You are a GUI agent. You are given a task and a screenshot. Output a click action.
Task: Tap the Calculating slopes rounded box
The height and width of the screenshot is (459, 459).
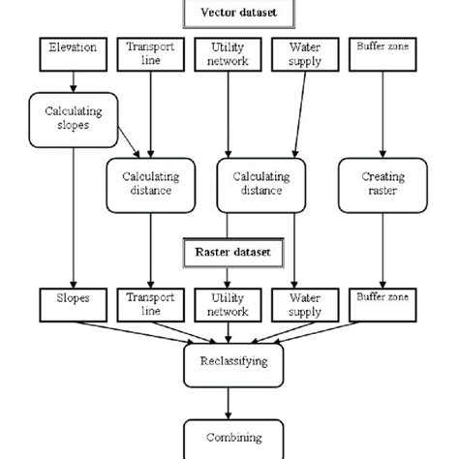73,118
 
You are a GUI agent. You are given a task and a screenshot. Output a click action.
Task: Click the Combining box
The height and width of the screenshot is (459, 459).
229,436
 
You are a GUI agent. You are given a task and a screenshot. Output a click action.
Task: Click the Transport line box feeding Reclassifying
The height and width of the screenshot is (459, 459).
150,304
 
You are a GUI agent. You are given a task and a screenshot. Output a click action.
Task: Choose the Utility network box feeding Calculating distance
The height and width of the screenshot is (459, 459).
229,52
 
